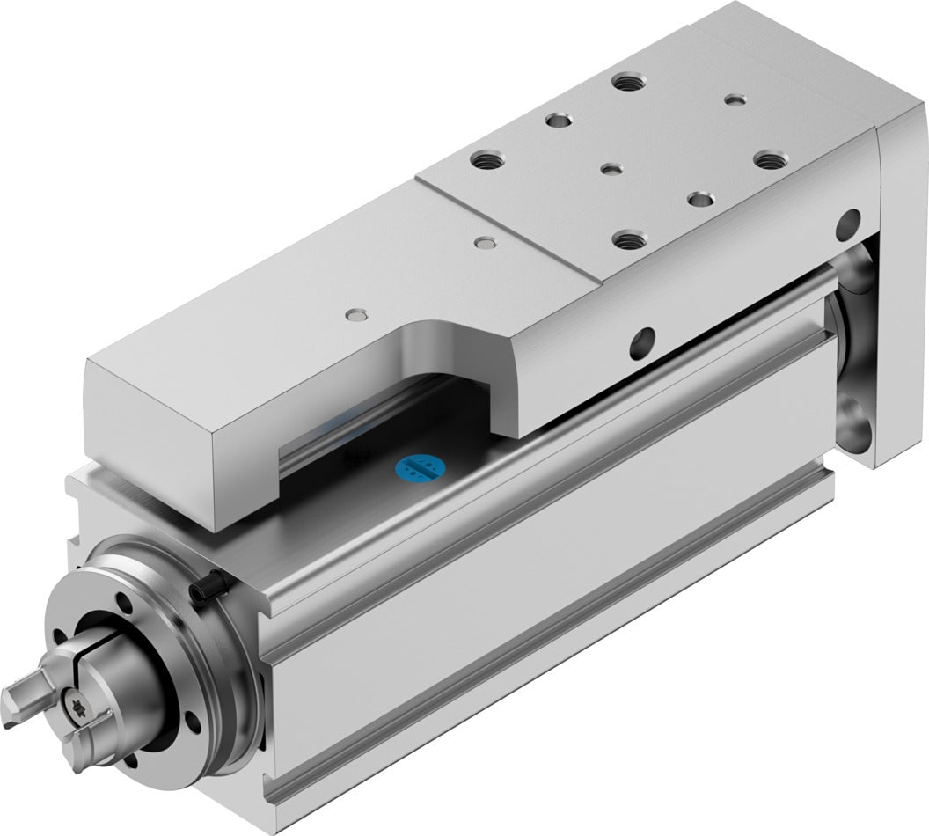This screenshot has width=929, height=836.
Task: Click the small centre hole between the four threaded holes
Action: [610, 166]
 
